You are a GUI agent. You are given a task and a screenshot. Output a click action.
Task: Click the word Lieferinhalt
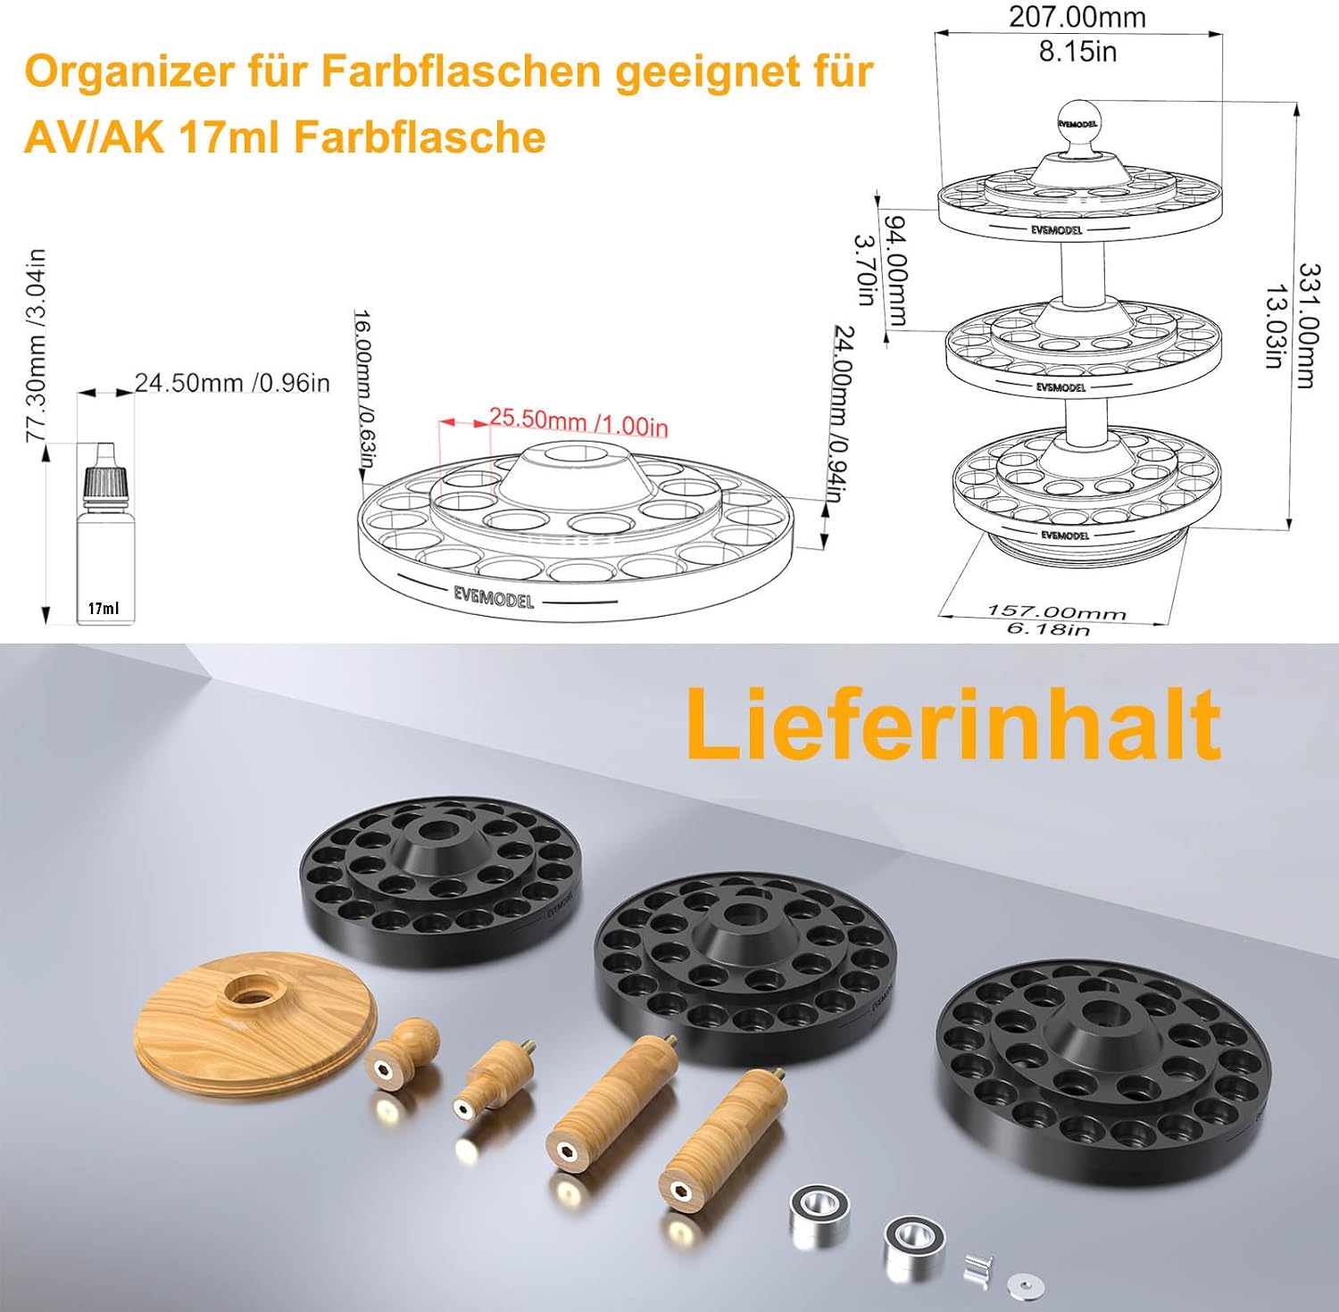click(x=952, y=724)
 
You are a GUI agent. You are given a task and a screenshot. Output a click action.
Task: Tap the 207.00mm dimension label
click(x=1077, y=17)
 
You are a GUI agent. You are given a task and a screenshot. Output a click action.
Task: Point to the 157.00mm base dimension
click(x=1056, y=612)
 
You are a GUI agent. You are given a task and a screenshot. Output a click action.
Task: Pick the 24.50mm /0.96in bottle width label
click(x=232, y=383)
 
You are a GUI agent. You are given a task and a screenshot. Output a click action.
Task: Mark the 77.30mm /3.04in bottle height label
click(x=36, y=345)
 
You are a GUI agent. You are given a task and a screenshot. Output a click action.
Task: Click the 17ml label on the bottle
click(x=103, y=609)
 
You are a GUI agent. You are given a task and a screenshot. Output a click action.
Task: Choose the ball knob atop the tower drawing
click(x=1077, y=121)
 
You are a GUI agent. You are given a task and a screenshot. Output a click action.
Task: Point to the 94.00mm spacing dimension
click(x=895, y=270)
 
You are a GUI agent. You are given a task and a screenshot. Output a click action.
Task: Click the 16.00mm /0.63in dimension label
click(x=363, y=388)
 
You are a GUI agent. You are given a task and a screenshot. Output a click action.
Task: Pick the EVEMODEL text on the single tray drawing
click(x=494, y=596)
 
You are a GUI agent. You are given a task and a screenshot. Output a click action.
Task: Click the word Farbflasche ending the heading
click(x=420, y=137)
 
